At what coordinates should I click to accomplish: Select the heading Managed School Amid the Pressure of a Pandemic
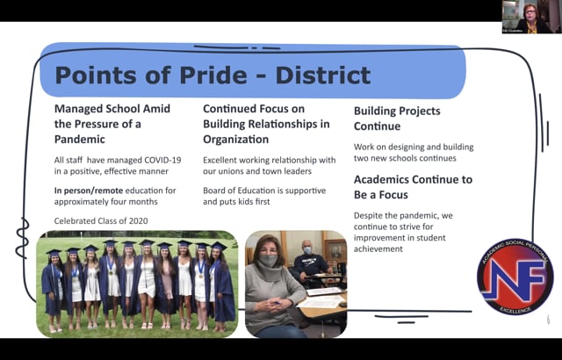[112, 125]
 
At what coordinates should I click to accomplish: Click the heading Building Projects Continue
[397, 119]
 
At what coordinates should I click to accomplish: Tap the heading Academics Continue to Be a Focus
[412, 187]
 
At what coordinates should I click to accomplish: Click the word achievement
[378, 248]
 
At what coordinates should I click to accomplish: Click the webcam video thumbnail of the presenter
[531, 17]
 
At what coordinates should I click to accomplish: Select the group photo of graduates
[136, 283]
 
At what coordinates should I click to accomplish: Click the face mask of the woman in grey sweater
[269, 262]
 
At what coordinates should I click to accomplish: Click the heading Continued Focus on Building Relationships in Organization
[266, 125]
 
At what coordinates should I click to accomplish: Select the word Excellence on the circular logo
[515, 313]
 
